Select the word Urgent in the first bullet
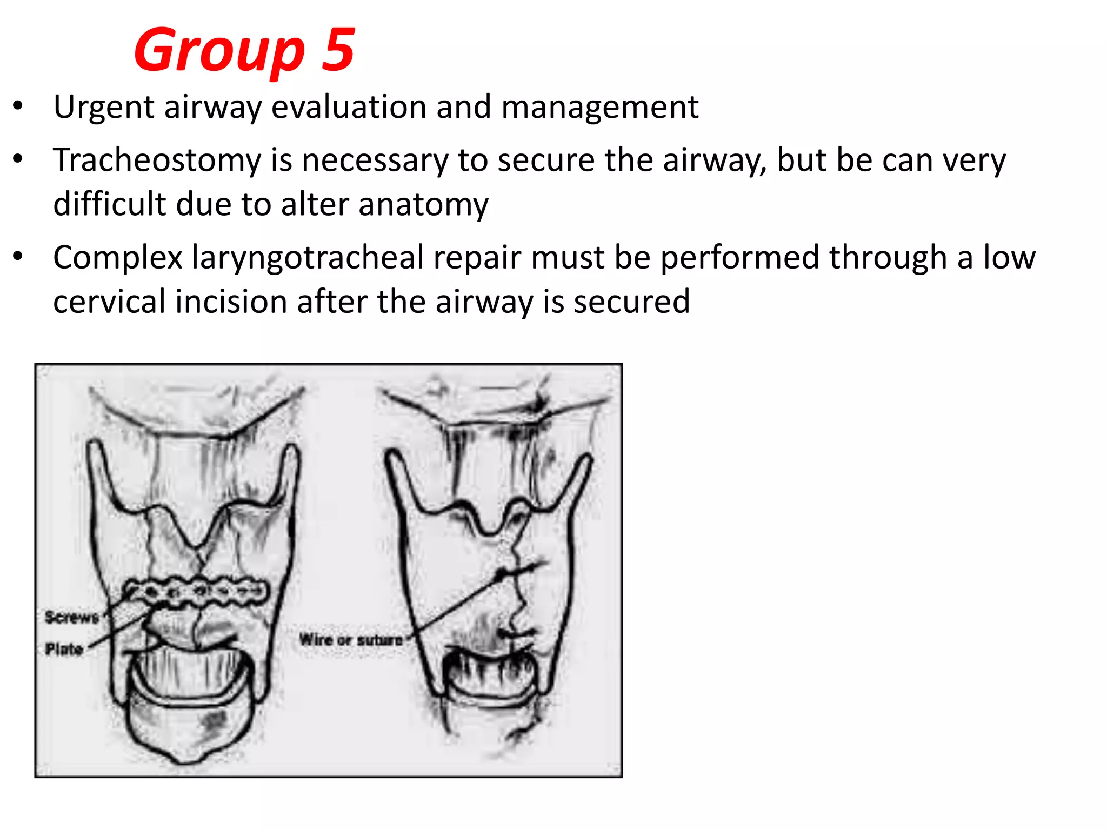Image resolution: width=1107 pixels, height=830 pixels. (104, 107)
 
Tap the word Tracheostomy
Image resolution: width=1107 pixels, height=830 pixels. (157, 160)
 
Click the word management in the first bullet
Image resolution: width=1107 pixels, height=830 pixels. (600, 107)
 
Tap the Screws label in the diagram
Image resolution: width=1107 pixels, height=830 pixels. (71, 617)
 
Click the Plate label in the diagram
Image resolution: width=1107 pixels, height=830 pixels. (64, 648)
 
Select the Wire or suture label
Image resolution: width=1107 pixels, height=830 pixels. (351, 640)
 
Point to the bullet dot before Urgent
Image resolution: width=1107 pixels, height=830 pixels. (18, 105)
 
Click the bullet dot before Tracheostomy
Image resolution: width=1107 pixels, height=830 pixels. (18, 159)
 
